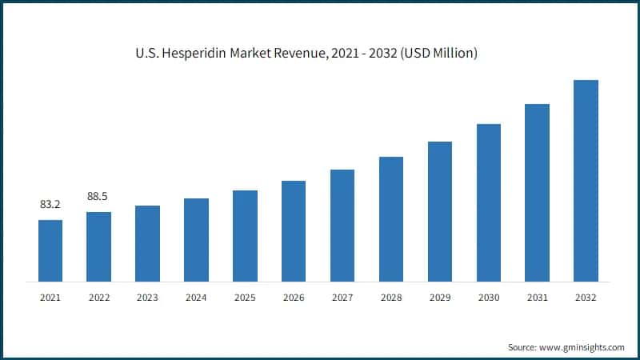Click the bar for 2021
(50, 250)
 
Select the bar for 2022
(98, 246)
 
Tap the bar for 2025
(245, 236)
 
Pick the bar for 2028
(391, 219)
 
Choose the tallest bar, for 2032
(586, 181)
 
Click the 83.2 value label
(50, 205)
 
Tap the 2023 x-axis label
(147, 298)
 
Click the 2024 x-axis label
(196, 298)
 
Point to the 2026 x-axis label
(294, 298)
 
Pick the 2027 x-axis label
(342, 298)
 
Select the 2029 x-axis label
(440, 298)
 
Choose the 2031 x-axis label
(538, 298)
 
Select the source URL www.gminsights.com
(583, 347)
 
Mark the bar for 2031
(538, 193)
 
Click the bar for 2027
(342, 226)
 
